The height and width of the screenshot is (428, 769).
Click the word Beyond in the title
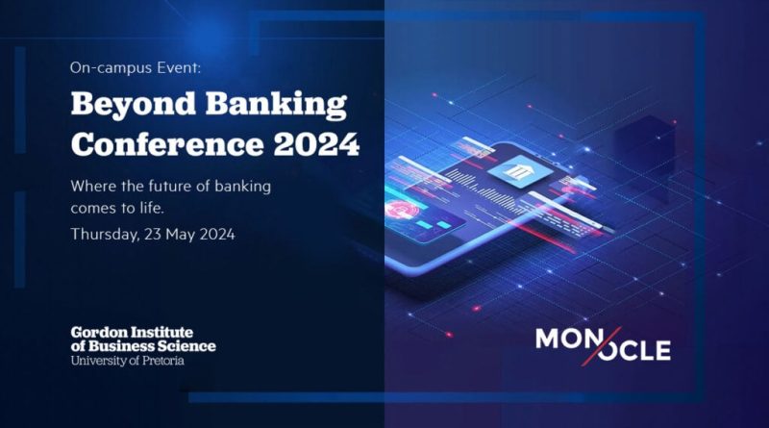(134, 105)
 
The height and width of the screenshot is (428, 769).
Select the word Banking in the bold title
(276, 105)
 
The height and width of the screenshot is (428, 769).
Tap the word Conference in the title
(167, 144)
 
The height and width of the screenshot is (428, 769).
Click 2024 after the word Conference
(316, 144)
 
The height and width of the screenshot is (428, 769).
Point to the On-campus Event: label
(136, 67)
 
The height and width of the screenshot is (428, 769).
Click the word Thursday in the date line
(105, 234)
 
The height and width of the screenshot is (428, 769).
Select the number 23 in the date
(153, 234)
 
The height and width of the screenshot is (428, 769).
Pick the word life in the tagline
(152, 208)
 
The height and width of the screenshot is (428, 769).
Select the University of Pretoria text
(128, 361)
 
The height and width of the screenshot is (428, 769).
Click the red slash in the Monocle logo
(602, 346)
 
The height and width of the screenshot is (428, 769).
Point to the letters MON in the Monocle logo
(565, 339)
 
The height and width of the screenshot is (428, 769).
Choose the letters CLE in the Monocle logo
(646, 350)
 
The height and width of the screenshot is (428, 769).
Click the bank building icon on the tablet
(516, 172)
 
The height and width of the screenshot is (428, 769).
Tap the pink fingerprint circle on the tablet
(402, 210)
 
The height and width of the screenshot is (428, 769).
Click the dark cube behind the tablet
(643, 147)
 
